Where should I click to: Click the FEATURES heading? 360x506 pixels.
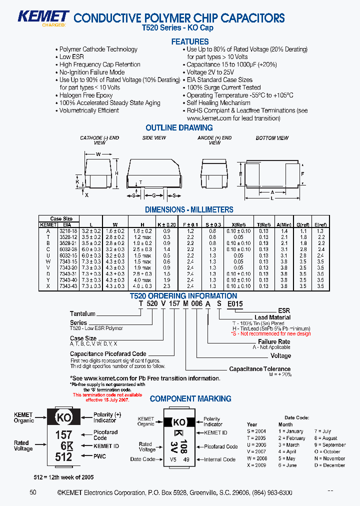189,41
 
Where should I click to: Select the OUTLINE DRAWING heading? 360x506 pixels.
179,127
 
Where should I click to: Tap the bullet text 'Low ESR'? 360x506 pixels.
71,57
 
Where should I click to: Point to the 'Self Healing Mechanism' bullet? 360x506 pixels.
218,102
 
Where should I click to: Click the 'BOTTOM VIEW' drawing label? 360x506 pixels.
272,138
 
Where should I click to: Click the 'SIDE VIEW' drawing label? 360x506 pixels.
154,138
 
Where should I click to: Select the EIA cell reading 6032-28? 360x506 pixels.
67,249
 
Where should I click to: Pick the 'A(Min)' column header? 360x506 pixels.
284,225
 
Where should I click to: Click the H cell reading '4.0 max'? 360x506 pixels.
142,280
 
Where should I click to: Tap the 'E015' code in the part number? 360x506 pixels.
235,303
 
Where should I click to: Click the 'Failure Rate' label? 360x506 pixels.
274,342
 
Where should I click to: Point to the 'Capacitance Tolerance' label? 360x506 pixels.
259,369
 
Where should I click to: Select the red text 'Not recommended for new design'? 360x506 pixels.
273,333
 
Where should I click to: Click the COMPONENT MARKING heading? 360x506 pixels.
190,398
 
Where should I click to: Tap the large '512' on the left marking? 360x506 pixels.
63,456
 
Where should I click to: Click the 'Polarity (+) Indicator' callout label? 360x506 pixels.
107,417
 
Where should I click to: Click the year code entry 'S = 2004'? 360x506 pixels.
256,431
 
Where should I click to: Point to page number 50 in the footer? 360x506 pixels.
33,492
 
